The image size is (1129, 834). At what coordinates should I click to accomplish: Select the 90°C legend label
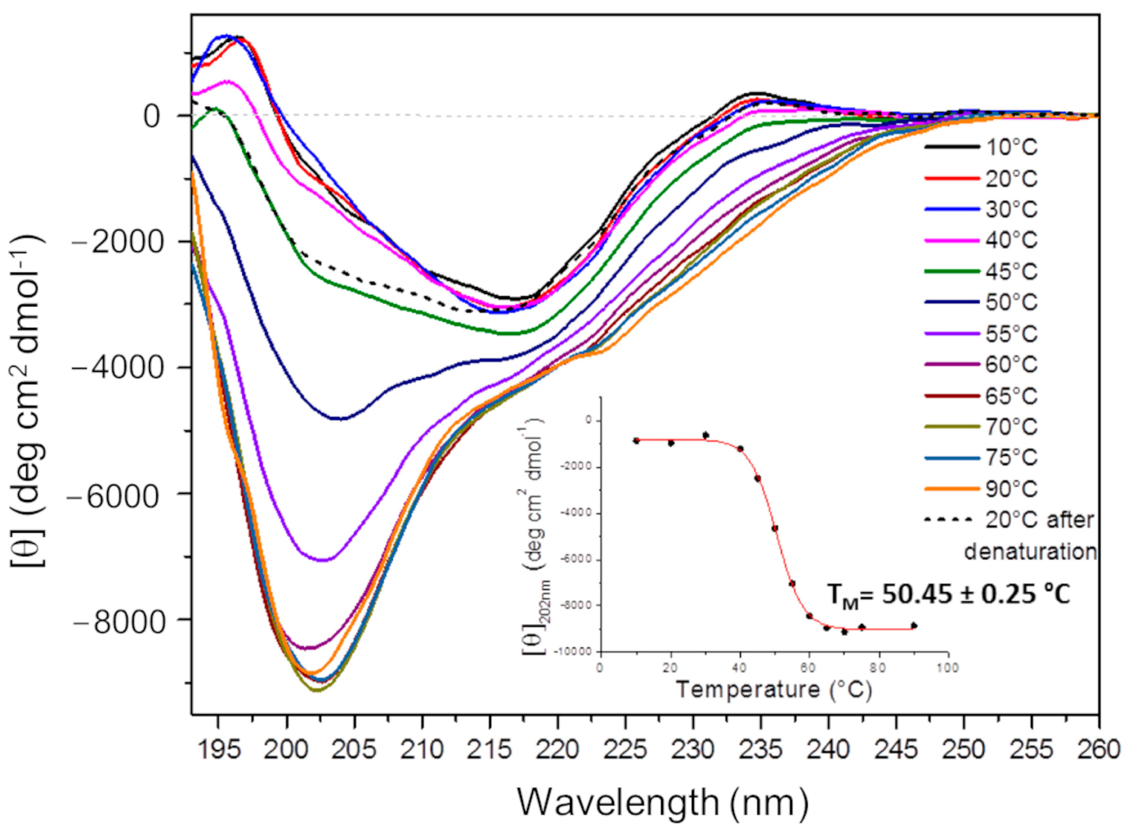click(1011, 489)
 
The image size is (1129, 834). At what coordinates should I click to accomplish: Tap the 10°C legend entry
click(1011, 147)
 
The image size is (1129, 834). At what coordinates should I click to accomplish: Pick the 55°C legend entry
click(1011, 334)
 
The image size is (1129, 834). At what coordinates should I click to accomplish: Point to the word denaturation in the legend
click(1030, 551)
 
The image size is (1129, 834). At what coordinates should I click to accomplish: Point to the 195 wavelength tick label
click(218, 749)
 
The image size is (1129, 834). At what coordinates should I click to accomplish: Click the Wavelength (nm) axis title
click(662, 802)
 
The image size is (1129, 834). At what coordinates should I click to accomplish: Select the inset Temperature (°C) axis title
click(774, 689)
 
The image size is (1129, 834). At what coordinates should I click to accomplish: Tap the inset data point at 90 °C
click(913, 625)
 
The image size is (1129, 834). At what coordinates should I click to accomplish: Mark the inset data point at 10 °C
click(636, 441)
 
